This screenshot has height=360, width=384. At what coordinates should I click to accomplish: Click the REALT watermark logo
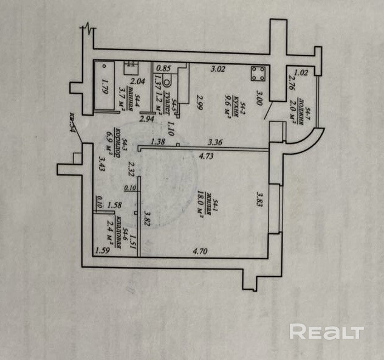pyautogui.click(x=326, y=332)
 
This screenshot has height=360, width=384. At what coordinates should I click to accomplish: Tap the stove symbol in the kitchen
pyautogui.click(x=258, y=74)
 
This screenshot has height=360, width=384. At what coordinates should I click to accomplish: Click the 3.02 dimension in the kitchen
pyautogui.click(x=218, y=69)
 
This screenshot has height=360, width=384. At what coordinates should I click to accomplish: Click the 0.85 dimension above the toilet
pyautogui.click(x=162, y=69)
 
